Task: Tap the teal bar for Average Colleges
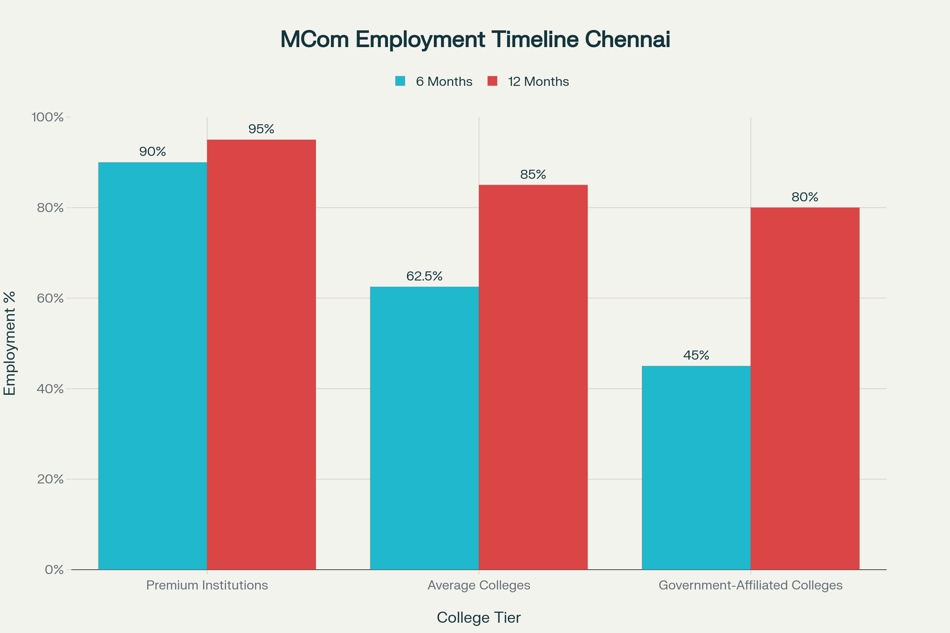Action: (424, 428)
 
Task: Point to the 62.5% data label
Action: (424, 276)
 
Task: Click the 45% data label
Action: (696, 355)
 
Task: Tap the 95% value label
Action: (261, 129)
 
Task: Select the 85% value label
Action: (533, 174)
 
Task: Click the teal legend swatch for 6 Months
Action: (400, 81)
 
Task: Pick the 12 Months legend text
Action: (538, 81)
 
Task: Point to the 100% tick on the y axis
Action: (47, 117)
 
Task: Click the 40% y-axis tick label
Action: (50, 389)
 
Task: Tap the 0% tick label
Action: (54, 570)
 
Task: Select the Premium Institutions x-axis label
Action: (207, 586)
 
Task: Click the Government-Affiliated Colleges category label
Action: (750, 586)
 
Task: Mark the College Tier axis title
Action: (479, 618)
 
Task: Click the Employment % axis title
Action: (9, 343)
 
